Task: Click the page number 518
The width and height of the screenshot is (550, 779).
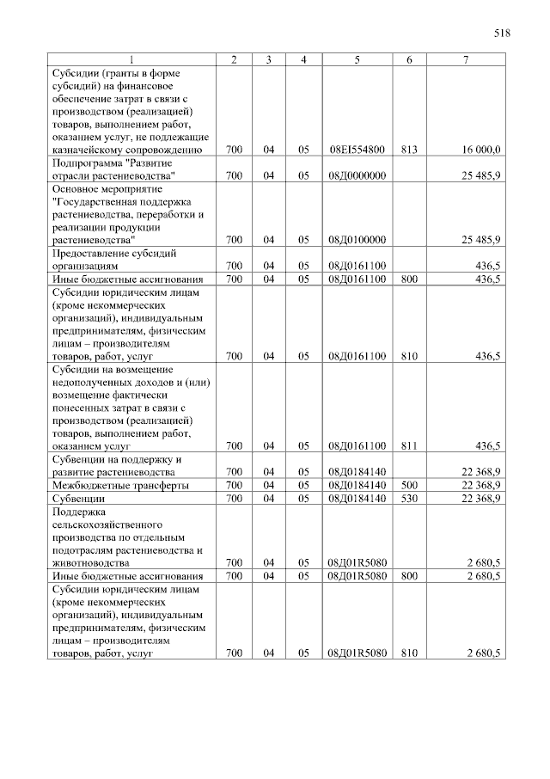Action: tap(503, 34)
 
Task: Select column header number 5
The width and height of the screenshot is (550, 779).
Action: tap(356, 59)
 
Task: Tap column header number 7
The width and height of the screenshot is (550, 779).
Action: tap(465, 59)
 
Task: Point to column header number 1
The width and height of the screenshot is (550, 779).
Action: tap(131, 59)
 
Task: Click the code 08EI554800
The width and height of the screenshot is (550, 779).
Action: tap(356, 150)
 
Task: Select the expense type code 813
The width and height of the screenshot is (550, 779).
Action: tap(408, 150)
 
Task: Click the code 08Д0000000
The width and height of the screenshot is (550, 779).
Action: tap(356, 175)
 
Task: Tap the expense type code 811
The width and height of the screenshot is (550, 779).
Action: tap(408, 445)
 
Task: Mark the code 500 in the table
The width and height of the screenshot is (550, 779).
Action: tap(408, 485)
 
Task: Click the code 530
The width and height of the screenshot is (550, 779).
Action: tap(408, 498)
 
